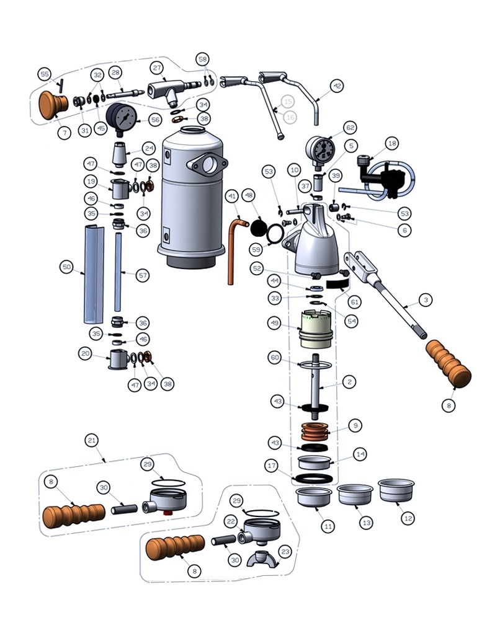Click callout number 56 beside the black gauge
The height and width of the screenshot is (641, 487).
point(155,120)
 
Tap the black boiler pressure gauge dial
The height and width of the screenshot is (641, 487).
point(121,117)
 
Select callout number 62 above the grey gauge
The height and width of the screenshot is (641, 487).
point(350,128)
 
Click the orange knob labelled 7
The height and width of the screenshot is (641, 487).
point(53,105)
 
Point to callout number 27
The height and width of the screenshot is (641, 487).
point(158,68)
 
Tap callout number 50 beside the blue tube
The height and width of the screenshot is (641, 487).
point(66,268)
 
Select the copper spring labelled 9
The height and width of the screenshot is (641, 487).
point(315,432)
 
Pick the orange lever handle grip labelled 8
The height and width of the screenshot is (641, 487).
point(449,364)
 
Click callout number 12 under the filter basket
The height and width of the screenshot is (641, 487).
point(408,518)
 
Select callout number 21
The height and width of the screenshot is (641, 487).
point(92,440)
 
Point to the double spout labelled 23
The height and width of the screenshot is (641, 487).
point(263,559)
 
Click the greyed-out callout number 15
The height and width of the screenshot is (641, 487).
point(288,102)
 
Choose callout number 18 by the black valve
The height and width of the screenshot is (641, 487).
point(391,143)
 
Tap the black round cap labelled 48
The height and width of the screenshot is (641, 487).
point(259,228)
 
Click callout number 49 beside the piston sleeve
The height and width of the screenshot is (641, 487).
point(274,324)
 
